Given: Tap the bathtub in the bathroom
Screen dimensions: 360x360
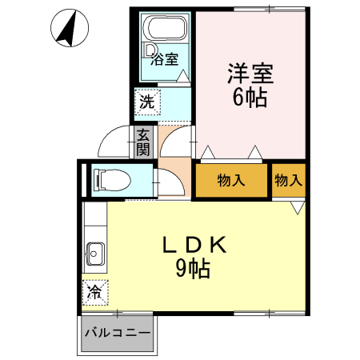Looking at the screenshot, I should point(166,30).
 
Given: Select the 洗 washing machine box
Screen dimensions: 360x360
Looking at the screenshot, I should point(147,102).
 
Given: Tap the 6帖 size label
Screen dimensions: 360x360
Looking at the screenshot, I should point(250,98).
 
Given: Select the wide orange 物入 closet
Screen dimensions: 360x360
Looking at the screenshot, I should point(231,180).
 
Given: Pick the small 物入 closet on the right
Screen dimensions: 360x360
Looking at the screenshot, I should point(288,180).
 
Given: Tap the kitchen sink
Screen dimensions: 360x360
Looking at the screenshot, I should point(95,255).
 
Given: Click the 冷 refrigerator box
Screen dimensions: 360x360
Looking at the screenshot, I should point(94,292).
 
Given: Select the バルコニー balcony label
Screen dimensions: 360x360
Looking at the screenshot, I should point(117,333).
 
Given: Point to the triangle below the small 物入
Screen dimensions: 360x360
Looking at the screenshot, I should point(297,206).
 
